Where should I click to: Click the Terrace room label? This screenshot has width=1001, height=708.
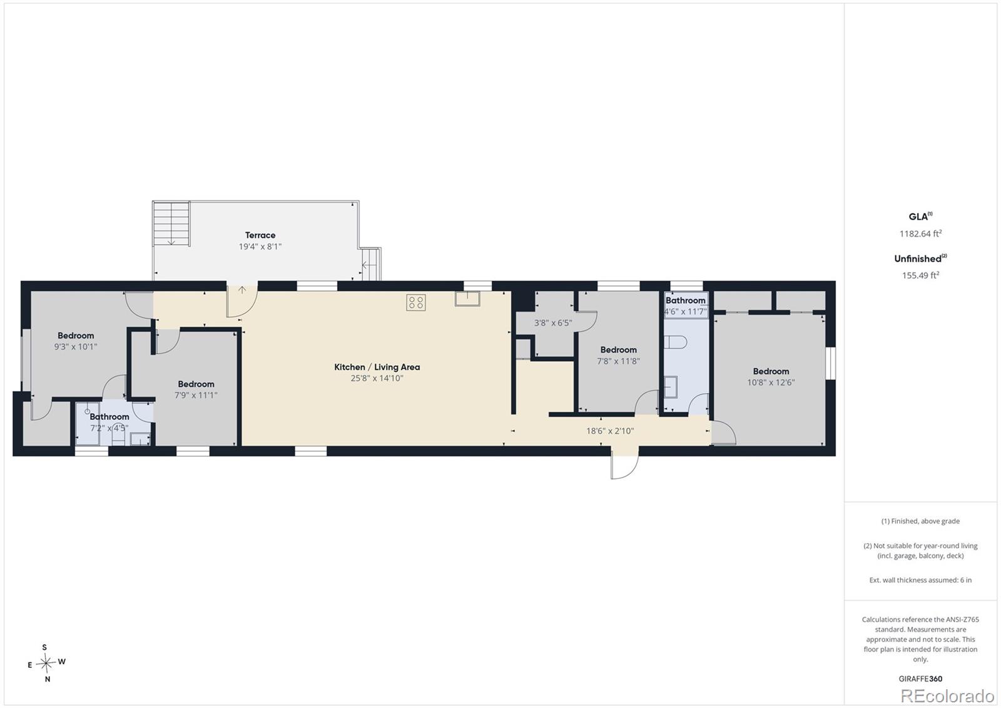[x=260, y=235]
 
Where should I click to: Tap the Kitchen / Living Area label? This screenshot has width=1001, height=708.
[x=377, y=367]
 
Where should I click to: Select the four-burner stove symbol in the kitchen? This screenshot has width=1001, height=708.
[x=416, y=302]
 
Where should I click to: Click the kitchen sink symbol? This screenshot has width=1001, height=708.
[x=467, y=299]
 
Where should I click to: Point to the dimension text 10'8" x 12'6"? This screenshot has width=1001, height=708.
[x=771, y=382]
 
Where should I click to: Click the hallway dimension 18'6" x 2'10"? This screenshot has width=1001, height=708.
[x=610, y=431]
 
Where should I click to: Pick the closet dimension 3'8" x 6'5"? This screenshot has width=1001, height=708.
[x=553, y=323]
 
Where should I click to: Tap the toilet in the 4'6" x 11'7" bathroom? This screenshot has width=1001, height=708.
[x=675, y=342]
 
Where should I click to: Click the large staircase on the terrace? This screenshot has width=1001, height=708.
[x=171, y=223]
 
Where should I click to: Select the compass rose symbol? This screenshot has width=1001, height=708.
[x=46, y=663]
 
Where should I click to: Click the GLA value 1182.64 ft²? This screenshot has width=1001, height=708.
[x=920, y=233]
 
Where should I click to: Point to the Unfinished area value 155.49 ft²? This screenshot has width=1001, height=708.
[x=920, y=275]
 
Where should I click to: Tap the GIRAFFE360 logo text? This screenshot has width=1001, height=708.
[x=920, y=679]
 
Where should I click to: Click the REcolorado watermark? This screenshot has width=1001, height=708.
[x=947, y=696]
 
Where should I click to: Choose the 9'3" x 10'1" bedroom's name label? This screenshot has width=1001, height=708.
[x=76, y=336]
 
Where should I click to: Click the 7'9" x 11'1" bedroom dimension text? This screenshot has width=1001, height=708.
[x=196, y=396]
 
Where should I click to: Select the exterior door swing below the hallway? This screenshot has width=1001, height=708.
[x=625, y=467]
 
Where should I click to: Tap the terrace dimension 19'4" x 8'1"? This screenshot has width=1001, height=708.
[x=260, y=247]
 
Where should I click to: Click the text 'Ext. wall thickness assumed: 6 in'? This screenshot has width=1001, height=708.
[x=920, y=580]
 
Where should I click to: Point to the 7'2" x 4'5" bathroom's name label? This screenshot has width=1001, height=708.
[x=109, y=417]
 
